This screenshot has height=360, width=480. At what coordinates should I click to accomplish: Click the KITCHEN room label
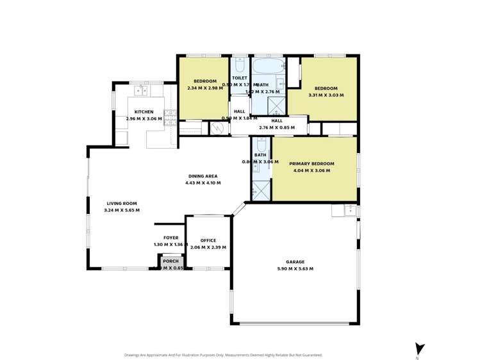[x=144, y=112]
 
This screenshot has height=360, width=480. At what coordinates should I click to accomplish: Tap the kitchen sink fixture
[x=140, y=90]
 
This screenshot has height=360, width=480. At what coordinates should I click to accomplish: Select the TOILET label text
[x=240, y=78]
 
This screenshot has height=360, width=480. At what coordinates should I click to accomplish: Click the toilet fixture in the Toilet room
[x=240, y=65]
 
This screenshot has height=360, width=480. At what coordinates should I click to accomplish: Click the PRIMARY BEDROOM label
[x=311, y=164]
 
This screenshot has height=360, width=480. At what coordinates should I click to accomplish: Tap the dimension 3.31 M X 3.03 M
[x=326, y=95]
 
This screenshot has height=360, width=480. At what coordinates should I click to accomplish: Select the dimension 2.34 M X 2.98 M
[x=205, y=88]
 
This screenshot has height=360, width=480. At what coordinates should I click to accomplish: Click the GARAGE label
[x=295, y=261]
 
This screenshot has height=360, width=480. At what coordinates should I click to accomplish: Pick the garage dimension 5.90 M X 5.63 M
[x=295, y=268]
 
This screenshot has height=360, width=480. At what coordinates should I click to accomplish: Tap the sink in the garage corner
[x=349, y=209]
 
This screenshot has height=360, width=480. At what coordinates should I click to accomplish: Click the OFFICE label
[x=208, y=240]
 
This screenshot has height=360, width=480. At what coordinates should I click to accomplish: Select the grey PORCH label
[x=170, y=261]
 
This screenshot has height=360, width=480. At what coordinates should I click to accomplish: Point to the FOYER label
[x=170, y=238]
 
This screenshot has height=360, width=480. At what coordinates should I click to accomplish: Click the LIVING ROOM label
[x=122, y=203]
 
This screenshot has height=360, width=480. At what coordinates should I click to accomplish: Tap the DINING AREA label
[x=203, y=176]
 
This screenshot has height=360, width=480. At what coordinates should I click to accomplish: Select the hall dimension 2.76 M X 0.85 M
[x=277, y=127]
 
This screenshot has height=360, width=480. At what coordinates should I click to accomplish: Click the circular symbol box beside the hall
[x=219, y=128]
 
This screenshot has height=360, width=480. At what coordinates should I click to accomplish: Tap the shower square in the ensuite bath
[x=261, y=190]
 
